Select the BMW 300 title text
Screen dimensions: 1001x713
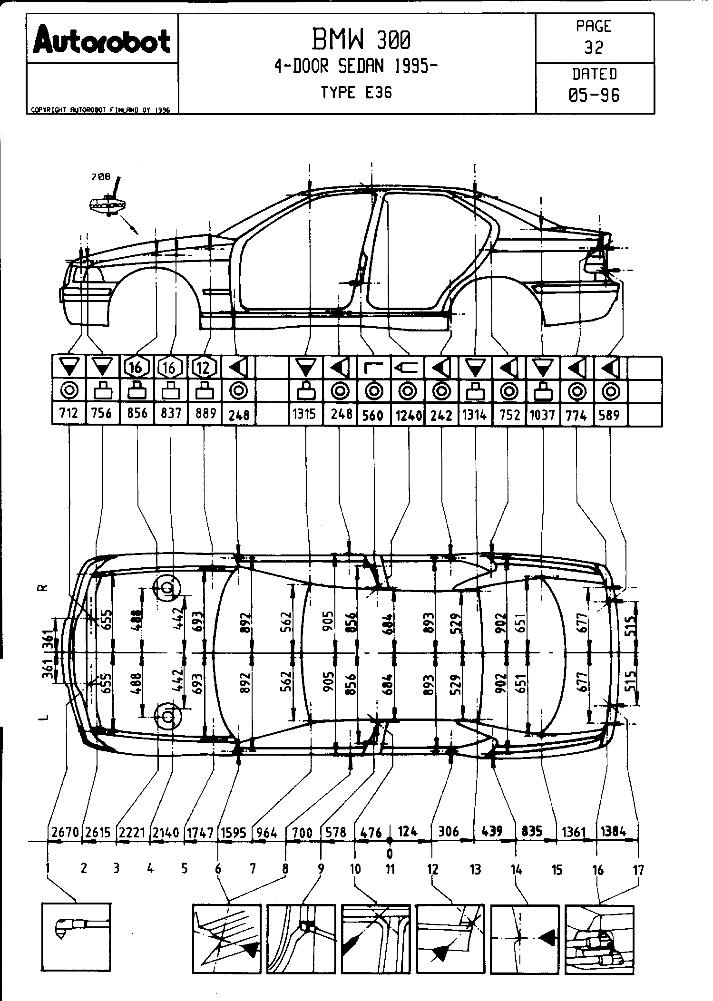point(360,40)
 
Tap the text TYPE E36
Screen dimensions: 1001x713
point(356,92)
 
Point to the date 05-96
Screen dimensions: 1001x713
point(594,96)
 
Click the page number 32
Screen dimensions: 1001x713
point(594,48)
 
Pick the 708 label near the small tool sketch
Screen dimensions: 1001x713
point(100,177)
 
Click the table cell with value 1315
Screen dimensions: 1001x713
point(304,414)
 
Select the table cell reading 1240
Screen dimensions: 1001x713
point(408,415)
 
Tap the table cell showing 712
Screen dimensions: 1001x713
point(68,413)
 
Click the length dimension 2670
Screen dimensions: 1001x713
point(65,833)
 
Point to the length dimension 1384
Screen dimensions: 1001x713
point(613,831)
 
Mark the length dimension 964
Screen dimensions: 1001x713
point(267,833)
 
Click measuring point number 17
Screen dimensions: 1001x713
point(638,870)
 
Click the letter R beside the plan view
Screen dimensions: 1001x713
point(43,587)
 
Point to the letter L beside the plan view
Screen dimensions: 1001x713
point(43,717)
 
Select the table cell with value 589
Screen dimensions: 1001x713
point(609,415)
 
